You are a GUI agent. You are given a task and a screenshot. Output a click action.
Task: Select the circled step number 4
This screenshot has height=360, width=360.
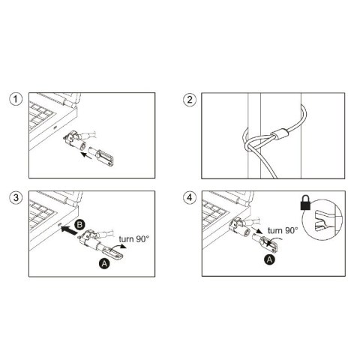[189, 199]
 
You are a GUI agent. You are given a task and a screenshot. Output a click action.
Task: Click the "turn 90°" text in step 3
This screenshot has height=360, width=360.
[134, 238]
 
